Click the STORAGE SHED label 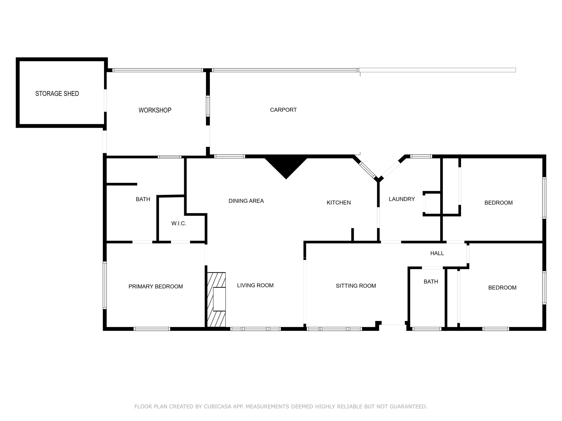click(57, 94)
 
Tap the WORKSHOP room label click(155, 110)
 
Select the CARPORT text click(283, 110)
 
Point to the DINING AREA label click(246, 201)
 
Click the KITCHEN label click(338, 203)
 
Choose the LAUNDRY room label click(401, 199)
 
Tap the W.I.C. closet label click(179, 224)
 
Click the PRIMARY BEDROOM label click(156, 286)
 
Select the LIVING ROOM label click(255, 285)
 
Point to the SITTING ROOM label click(356, 286)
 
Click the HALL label click(437, 253)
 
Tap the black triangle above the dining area click(286, 166)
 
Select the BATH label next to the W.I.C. click(143, 199)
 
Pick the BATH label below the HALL click(431, 281)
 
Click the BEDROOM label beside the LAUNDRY click(498, 203)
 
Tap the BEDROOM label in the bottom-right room click(502, 288)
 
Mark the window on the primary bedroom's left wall click(105, 285)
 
